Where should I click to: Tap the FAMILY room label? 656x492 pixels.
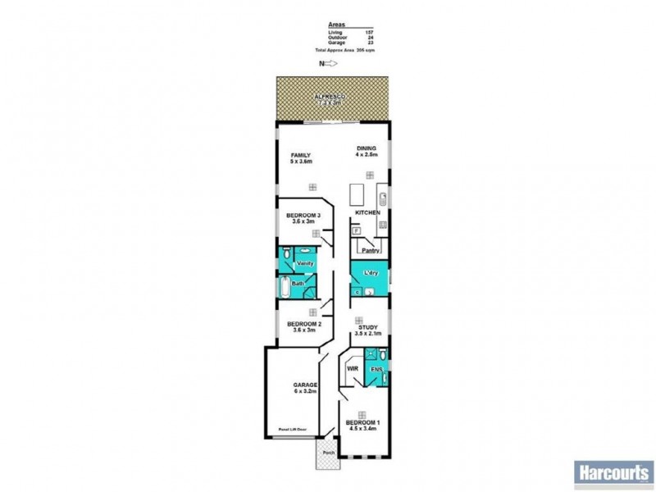(x=301, y=155)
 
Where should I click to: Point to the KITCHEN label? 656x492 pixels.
(x=367, y=213)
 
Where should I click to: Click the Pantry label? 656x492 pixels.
(x=369, y=250)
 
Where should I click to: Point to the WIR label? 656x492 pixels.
(x=353, y=370)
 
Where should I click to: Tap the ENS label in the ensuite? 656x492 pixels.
(x=376, y=371)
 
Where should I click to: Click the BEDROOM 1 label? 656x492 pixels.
(x=362, y=423)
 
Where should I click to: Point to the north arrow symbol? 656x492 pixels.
(x=330, y=62)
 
